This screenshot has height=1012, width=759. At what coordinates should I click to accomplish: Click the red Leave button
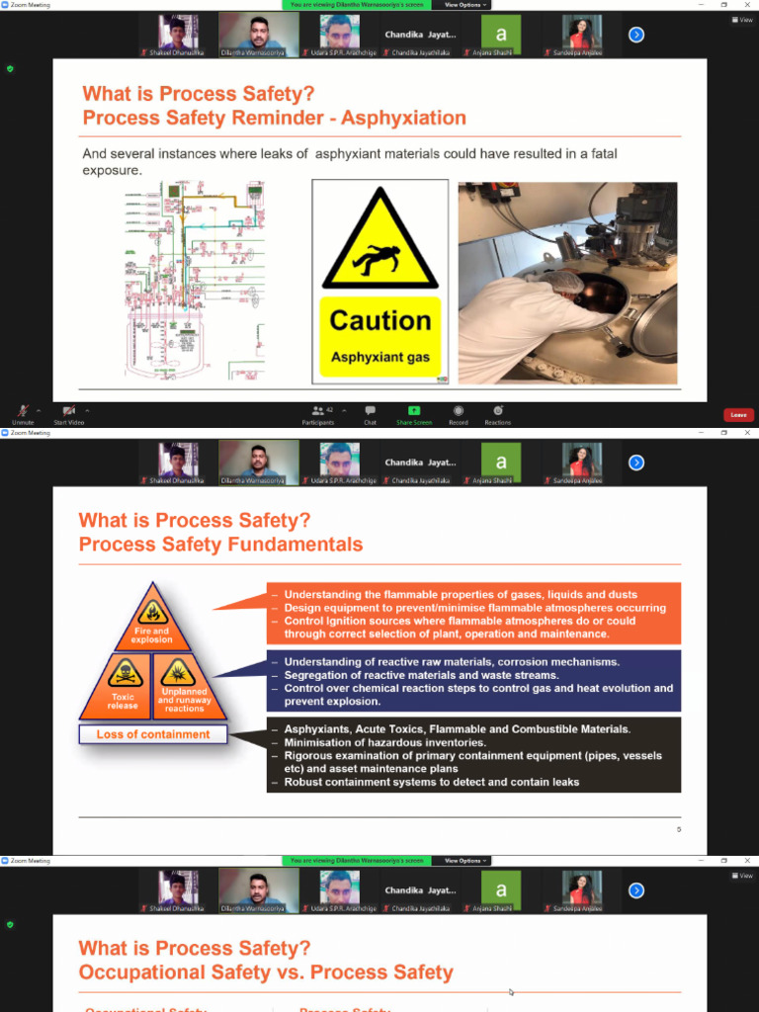coord(738,415)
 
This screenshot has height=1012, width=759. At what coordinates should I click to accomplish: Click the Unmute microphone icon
coord(22,411)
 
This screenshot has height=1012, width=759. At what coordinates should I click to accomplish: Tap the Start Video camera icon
coord(68,411)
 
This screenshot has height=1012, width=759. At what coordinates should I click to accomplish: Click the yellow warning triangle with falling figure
coord(379,243)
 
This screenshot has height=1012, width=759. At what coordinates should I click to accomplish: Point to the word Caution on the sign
coord(379,321)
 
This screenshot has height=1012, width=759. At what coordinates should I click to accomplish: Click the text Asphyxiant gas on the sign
coord(379,357)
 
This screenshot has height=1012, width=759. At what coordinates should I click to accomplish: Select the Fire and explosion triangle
coord(152,620)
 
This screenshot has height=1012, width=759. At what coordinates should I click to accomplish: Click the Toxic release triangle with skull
coord(124,686)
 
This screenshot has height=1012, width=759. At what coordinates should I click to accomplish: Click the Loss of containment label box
coord(153,734)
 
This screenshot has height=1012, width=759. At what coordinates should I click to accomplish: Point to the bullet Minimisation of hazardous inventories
coord(384,742)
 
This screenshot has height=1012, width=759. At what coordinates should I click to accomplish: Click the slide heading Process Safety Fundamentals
coord(220,545)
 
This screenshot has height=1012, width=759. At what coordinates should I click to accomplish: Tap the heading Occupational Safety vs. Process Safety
coord(266,972)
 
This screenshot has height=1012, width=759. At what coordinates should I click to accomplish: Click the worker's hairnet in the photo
coord(566,283)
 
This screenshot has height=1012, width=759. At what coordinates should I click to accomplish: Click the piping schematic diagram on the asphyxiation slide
coord(195,281)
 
